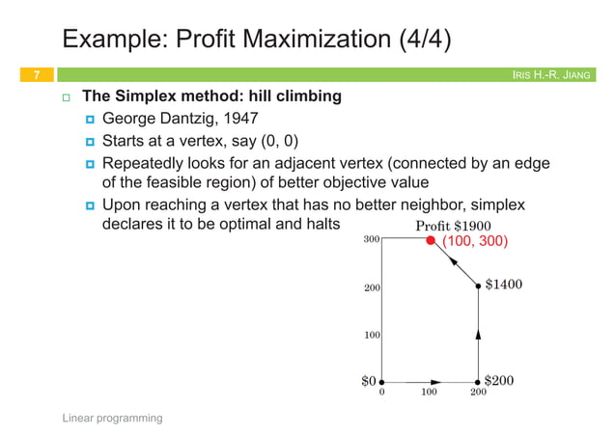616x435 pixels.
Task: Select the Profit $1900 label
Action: pos(452,226)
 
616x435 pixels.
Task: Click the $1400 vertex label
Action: pos(504,285)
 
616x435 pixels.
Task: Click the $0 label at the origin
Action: pos(368,381)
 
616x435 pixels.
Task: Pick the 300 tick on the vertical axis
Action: pos(371,238)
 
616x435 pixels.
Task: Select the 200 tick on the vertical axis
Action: pos(371,287)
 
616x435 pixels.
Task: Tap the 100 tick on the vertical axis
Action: pos(371,335)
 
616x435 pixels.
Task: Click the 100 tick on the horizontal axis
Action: pos(429,394)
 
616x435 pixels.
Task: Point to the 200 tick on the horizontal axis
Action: pos(478,394)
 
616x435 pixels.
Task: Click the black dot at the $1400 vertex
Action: pos(478,285)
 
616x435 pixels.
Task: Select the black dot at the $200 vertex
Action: pos(478,382)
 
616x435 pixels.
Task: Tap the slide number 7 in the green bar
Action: pos(36,74)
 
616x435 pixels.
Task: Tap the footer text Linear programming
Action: pos(112,418)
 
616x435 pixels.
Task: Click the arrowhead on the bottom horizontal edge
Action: pos(436,382)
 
